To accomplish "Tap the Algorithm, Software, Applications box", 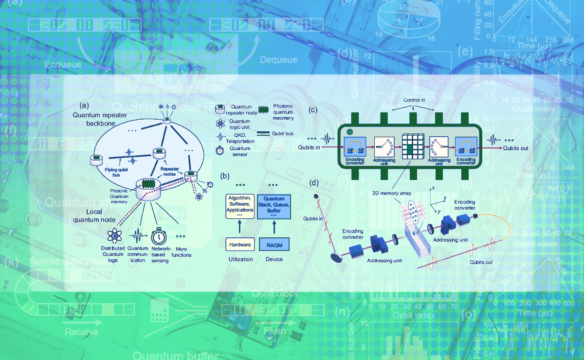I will [240, 206].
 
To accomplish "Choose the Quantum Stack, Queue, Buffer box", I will [274, 205].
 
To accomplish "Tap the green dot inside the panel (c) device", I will [349, 131].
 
